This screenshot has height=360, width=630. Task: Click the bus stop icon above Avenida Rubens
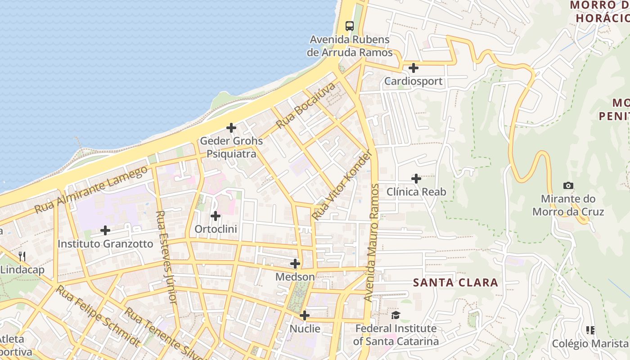(350, 26)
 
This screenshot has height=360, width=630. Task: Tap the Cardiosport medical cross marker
(413, 68)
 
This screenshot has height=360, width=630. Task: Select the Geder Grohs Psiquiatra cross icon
(231, 128)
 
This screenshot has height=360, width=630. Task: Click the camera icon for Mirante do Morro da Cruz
(568, 185)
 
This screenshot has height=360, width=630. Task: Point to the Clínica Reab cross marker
(416, 179)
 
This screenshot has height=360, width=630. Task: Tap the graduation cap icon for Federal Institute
(396, 315)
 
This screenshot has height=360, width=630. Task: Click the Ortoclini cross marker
(216, 216)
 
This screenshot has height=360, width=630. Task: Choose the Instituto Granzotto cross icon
(105, 230)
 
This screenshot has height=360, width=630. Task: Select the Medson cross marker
(295, 263)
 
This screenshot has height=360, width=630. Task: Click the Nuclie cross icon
(305, 315)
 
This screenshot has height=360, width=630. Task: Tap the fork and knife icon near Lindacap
(22, 256)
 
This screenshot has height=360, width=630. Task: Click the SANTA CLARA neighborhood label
(455, 283)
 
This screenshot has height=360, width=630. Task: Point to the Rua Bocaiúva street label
(306, 105)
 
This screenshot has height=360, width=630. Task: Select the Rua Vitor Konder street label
(342, 185)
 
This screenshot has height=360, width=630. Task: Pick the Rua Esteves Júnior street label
(166, 256)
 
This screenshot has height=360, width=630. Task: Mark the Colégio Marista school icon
(590, 330)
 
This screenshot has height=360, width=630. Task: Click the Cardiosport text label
(413, 81)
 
